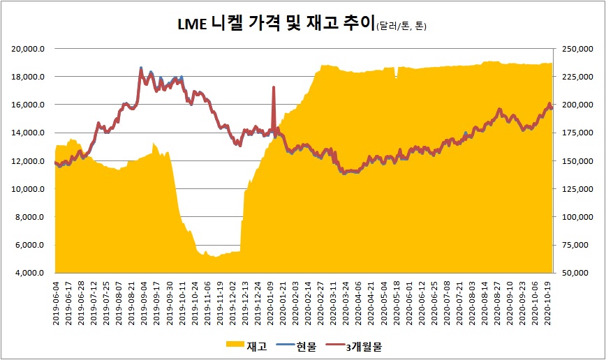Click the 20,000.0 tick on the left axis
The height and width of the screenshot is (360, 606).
[x=30, y=49]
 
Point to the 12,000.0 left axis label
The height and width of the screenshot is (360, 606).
[x=30, y=161]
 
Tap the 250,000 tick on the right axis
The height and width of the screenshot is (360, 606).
[x=572, y=49]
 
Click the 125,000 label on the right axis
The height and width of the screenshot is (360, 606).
[x=572, y=189]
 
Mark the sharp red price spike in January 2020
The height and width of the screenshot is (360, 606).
[x=274, y=88]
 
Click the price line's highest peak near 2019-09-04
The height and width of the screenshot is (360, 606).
[x=141, y=68]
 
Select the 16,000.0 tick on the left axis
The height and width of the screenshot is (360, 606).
[x=30, y=105]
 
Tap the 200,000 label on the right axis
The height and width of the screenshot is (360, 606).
[x=572, y=105]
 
